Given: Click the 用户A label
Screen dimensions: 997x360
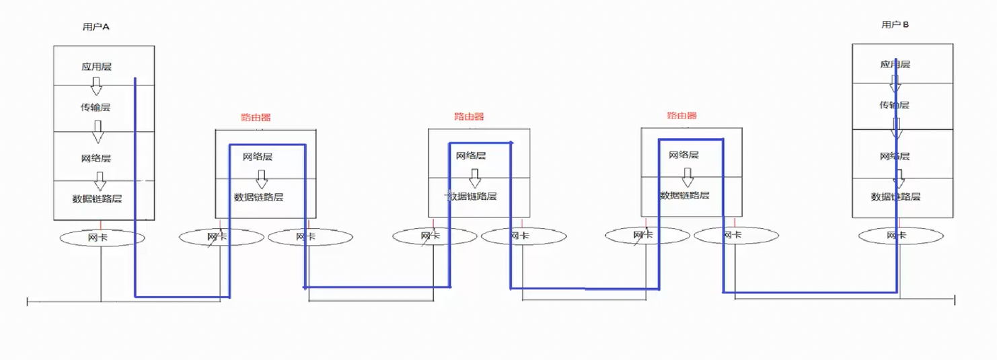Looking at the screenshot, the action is tap(96, 26).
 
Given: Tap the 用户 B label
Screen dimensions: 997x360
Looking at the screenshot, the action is tap(895, 24).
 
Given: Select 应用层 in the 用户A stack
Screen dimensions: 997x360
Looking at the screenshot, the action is tap(96, 67).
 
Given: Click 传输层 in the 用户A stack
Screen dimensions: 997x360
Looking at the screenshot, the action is tap(96, 107).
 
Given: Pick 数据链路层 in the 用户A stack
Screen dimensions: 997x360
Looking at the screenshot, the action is tap(98, 199).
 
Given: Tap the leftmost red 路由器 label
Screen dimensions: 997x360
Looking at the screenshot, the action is tap(256, 117).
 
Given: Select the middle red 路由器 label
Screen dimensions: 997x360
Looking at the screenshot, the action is tap(469, 116).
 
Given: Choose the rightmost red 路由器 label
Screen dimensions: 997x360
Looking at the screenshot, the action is tap(681, 116).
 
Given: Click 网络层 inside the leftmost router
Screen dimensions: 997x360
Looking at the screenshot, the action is tap(258, 157).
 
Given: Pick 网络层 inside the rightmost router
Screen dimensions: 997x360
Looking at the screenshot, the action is tap(684, 155).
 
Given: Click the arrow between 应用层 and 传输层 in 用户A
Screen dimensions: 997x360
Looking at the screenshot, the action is tap(96, 86).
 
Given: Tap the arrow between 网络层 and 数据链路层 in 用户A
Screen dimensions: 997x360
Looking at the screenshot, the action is tap(100, 181).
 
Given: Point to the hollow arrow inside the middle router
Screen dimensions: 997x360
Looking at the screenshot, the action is tap(475, 178).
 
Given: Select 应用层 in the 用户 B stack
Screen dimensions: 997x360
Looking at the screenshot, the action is tap(895, 65).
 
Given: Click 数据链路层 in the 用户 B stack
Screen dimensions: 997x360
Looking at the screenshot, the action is tap(895, 196).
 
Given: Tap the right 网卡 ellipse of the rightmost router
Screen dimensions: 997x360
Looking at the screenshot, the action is tap(736, 235).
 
